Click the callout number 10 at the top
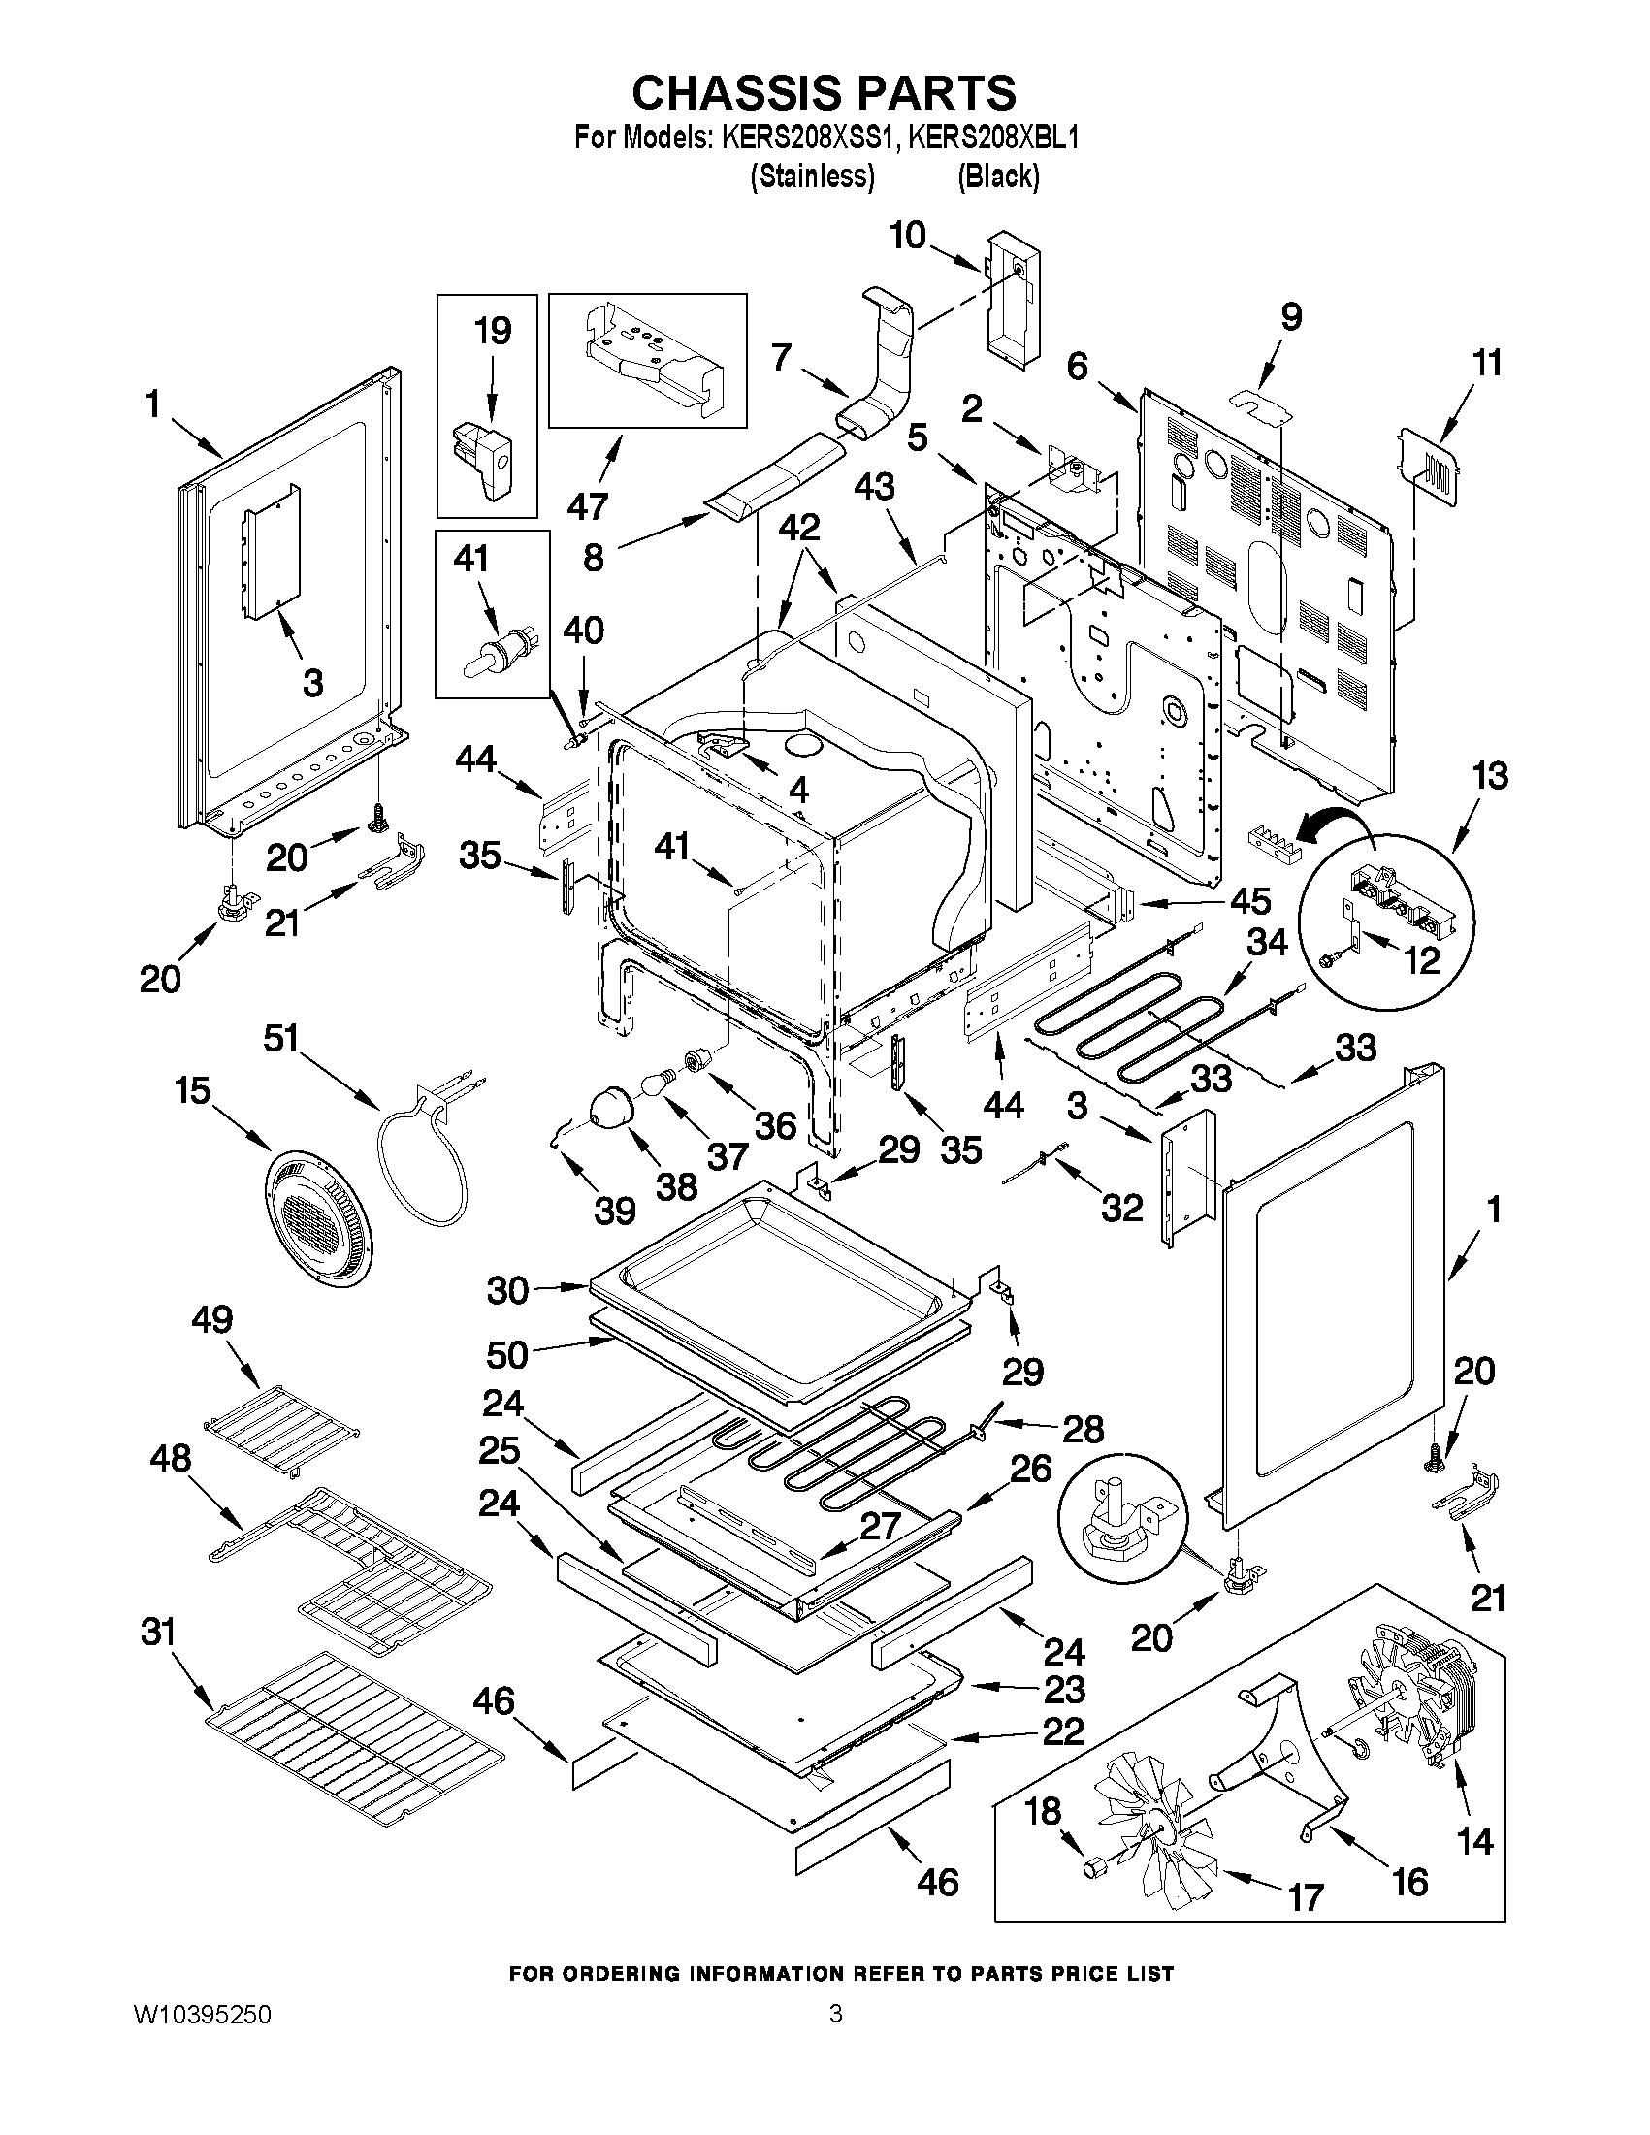tap(908, 236)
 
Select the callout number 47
tap(588, 505)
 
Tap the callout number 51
tap(280, 1038)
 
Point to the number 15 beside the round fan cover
tap(194, 1090)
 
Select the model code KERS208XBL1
tap(992, 139)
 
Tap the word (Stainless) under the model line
tap(811, 177)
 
